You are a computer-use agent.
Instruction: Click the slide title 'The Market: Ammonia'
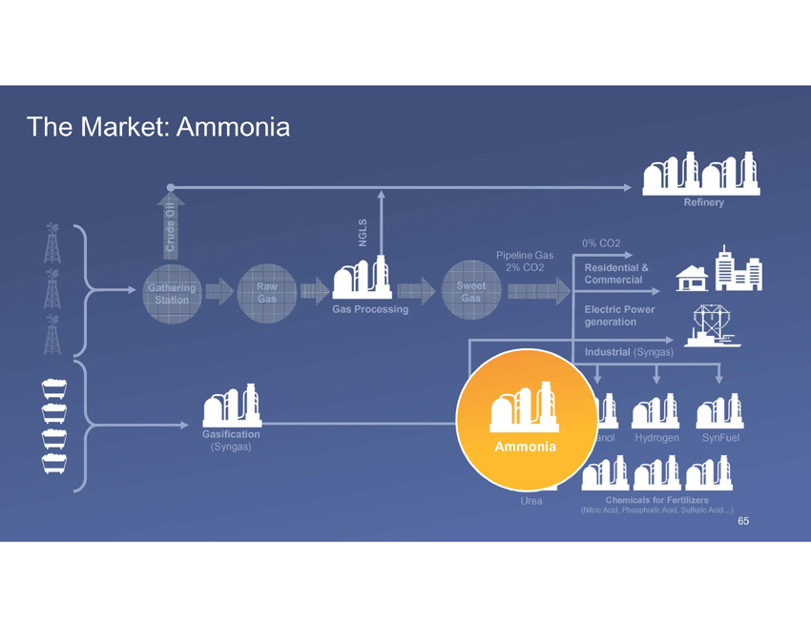pos(158,126)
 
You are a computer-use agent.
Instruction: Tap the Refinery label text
pos(703,202)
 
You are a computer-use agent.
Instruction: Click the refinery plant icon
pos(702,173)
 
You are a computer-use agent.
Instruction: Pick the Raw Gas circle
pos(267,293)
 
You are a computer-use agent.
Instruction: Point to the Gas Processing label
pos(370,309)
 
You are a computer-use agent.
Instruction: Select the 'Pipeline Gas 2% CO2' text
pos(525,261)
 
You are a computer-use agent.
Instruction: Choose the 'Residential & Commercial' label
pos(616,273)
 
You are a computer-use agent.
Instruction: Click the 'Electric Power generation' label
pos(618,316)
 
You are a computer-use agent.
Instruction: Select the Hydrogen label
pos(656,437)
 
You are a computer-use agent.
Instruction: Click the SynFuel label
pos(720,437)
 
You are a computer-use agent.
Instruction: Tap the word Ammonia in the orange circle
pos(525,447)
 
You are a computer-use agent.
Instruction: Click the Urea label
pos(531,501)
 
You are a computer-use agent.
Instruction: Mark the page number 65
pos(743,521)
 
